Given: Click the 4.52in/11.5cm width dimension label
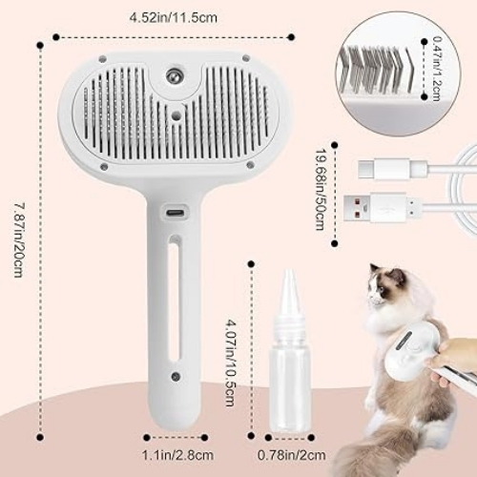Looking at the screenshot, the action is [173, 17].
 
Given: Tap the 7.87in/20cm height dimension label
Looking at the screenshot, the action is [19, 240].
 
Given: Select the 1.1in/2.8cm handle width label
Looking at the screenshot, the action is [177, 455].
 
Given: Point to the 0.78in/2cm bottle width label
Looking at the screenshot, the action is [291, 455].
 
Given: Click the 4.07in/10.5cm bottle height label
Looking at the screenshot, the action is [231, 363].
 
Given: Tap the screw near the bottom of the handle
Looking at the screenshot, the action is [176, 377].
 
